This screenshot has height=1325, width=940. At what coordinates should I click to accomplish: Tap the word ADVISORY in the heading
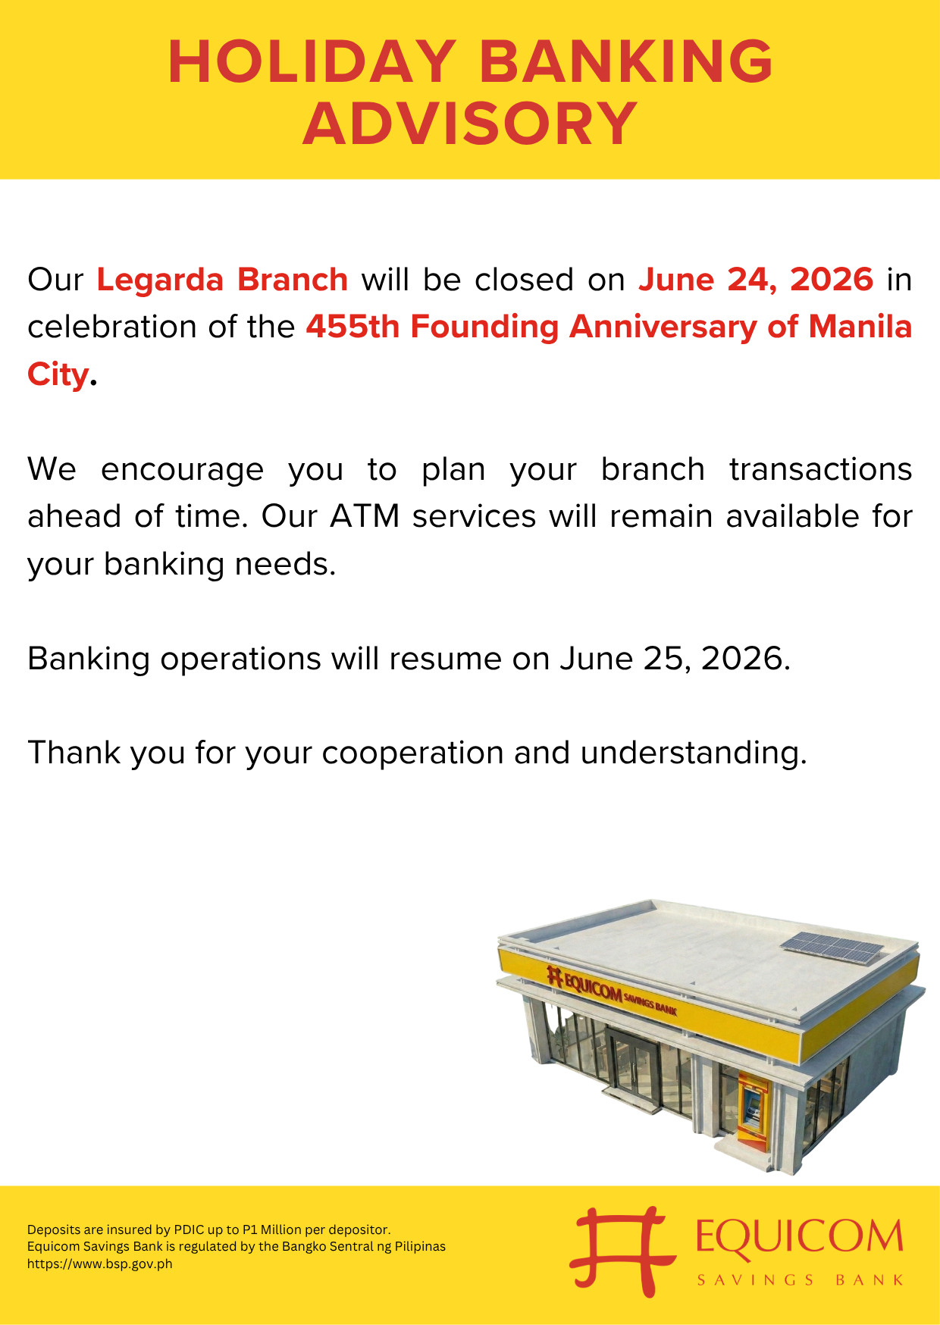click(470, 124)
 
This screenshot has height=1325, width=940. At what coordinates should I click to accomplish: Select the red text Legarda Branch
click(222, 280)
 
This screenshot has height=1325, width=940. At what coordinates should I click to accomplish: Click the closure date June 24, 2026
click(756, 280)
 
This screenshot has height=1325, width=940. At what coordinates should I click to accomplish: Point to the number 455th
click(352, 327)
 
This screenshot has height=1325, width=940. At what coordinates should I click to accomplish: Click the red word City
click(58, 374)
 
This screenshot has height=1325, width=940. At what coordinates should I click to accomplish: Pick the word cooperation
click(412, 753)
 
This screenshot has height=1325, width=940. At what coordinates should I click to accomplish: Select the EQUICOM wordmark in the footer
click(800, 1236)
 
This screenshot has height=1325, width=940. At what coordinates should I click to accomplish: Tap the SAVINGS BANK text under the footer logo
click(800, 1280)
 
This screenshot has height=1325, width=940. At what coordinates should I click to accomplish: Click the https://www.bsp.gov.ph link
click(100, 1264)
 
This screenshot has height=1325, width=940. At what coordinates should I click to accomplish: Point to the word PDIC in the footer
click(189, 1229)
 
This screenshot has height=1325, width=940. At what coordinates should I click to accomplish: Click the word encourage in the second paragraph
click(182, 470)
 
